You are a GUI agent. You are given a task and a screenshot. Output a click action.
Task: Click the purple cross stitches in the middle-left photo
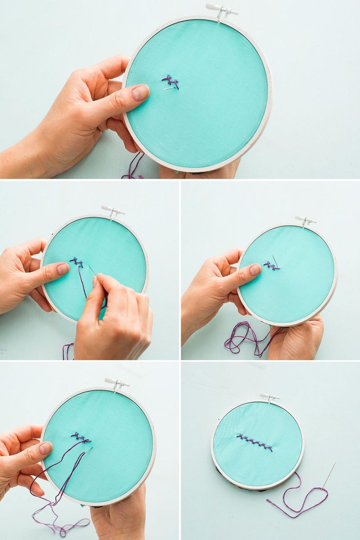(x=78, y=262)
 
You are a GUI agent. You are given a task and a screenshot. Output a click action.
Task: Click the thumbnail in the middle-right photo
(x=255, y=270)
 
